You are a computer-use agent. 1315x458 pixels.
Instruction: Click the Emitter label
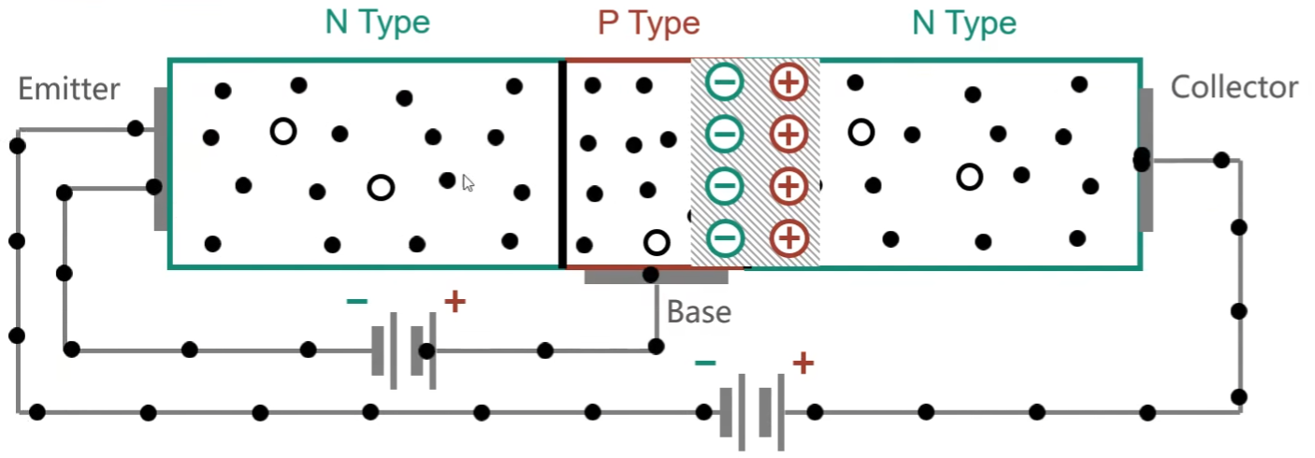point(68,89)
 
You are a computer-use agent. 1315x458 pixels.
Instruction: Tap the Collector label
point(1234,87)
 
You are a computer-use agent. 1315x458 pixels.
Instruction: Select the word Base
point(699,311)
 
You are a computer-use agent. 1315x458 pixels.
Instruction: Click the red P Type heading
point(649,23)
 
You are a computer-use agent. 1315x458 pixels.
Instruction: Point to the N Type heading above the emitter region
point(378,22)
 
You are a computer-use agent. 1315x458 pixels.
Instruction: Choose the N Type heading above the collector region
point(964,23)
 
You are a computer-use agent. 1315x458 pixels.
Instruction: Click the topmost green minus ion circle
point(725,82)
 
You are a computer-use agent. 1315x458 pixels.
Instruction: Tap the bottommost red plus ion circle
point(789,238)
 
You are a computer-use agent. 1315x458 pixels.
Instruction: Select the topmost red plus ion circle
point(788,82)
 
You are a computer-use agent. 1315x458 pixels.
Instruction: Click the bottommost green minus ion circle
point(725,238)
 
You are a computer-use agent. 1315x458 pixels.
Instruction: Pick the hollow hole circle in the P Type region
point(657,242)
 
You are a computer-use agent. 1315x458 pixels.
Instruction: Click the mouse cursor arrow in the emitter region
point(468,183)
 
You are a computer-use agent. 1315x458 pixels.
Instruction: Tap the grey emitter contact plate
point(161,159)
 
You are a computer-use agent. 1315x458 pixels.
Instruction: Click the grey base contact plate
point(657,277)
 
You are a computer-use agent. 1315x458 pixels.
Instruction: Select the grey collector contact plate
point(1146,160)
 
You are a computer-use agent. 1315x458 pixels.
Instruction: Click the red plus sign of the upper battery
point(455,302)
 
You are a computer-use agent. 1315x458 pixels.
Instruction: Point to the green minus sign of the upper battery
point(357,302)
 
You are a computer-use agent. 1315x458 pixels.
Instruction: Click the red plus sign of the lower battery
point(803,363)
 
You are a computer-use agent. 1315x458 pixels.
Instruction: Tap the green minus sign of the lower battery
point(705,364)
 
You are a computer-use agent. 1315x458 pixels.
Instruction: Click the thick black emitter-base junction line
point(562,164)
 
